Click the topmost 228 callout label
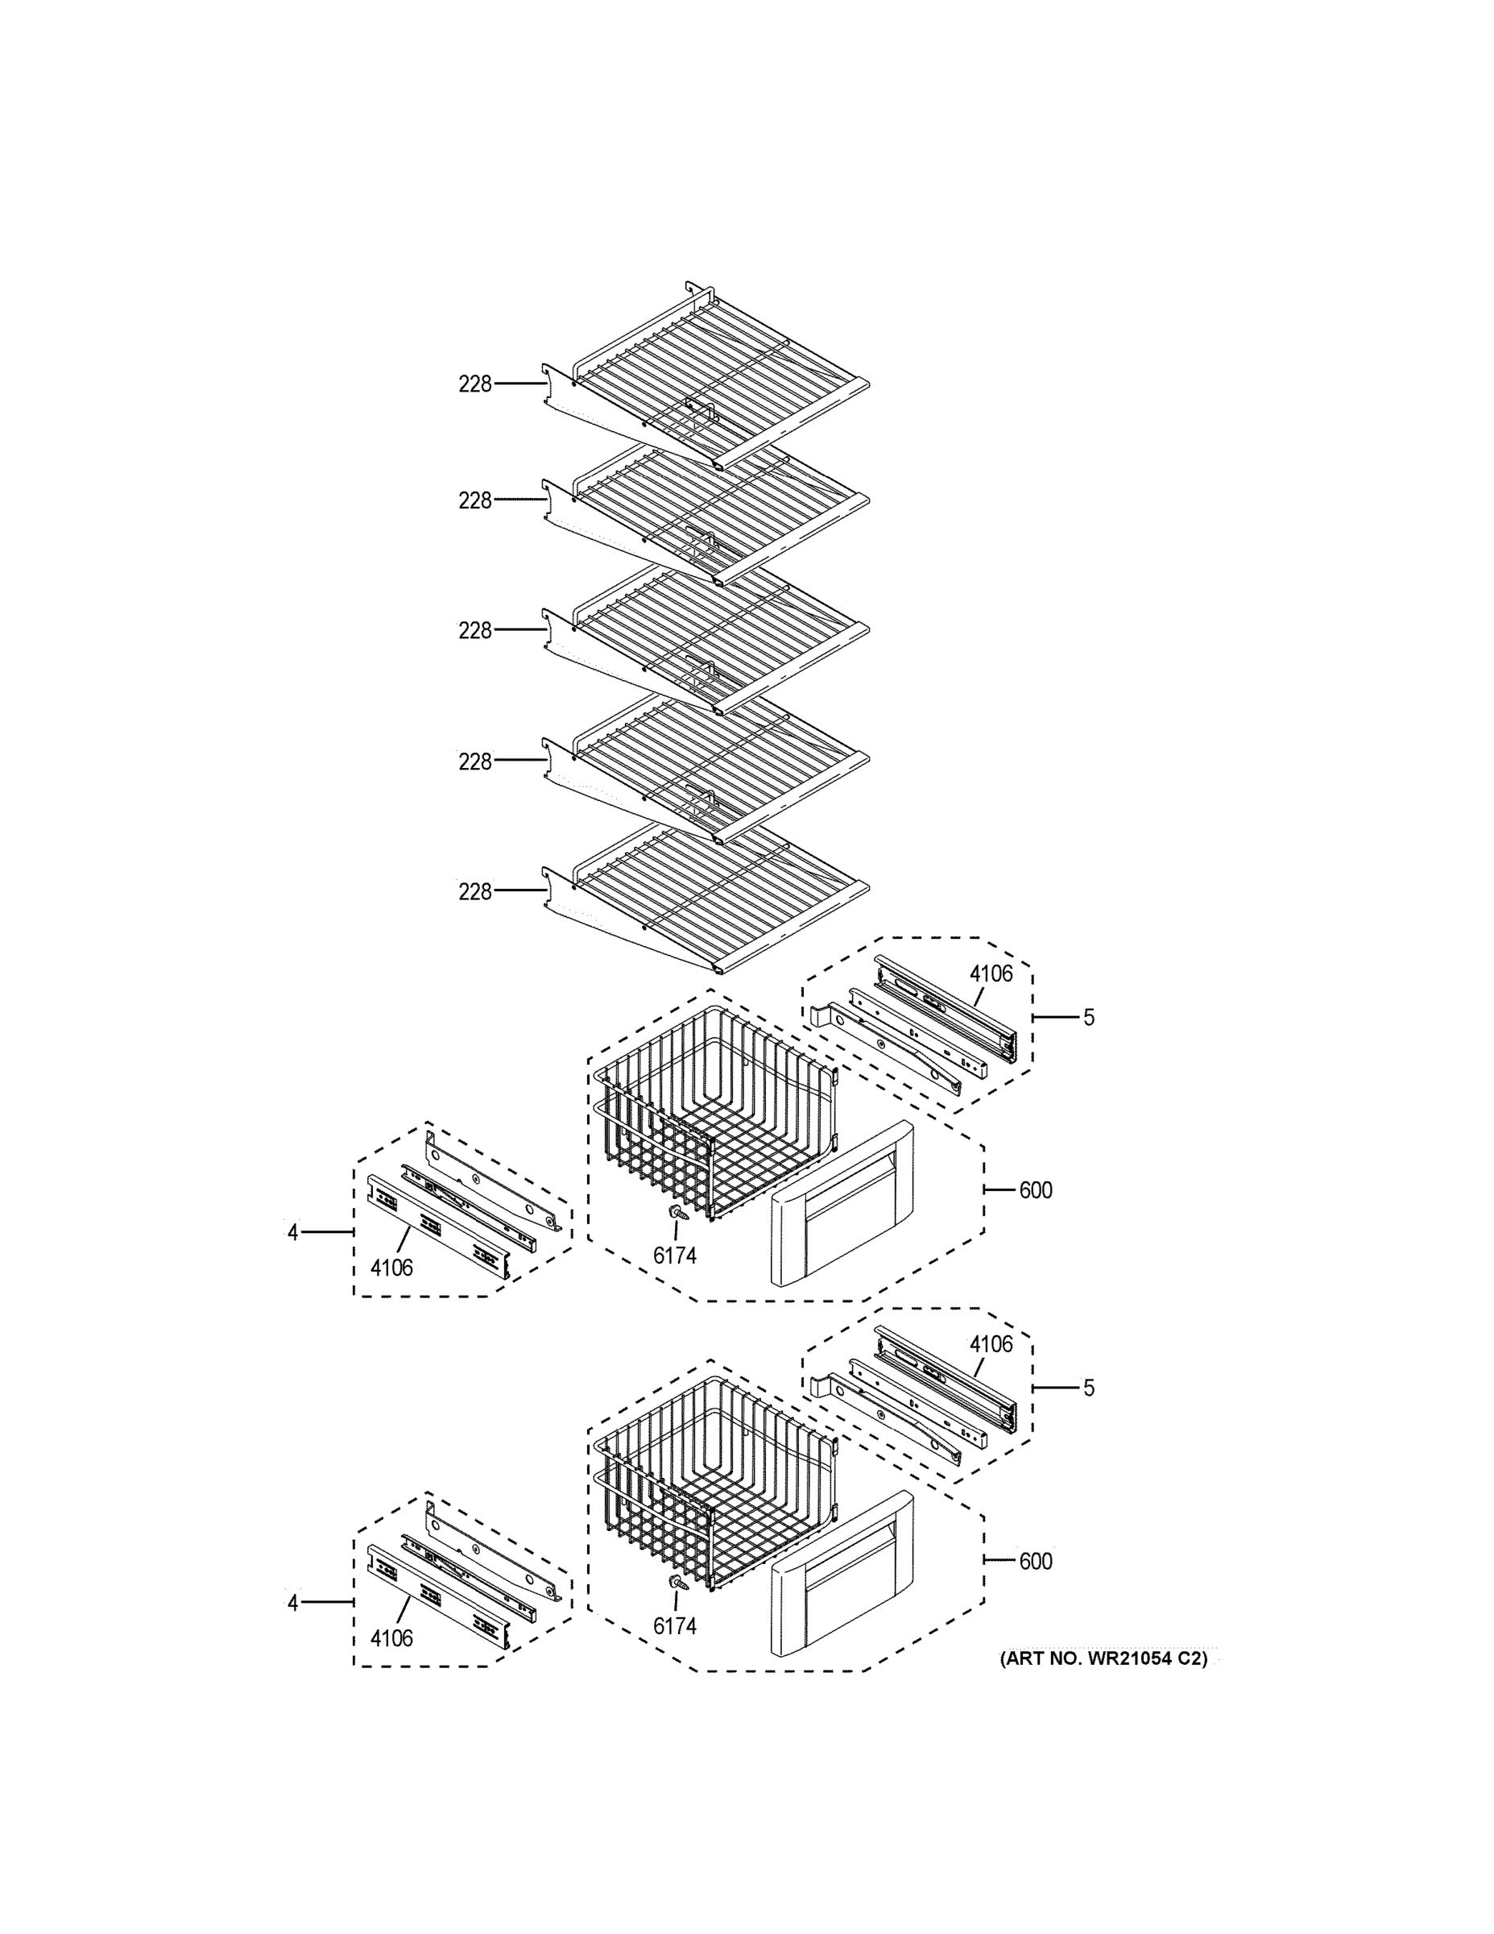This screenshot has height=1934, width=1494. pyautogui.click(x=474, y=384)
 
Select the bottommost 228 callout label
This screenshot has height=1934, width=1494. pyautogui.click(x=474, y=892)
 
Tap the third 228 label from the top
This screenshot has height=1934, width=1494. pyautogui.click(x=474, y=630)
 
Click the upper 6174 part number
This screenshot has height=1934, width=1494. pyautogui.click(x=674, y=1255)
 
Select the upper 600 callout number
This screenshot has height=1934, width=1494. pyautogui.click(x=1036, y=1190)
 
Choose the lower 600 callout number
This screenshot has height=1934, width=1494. pyautogui.click(x=1036, y=1561)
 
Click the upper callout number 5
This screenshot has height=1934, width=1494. pyautogui.click(x=1089, y=1018)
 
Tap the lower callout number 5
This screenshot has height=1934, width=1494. pyautogui.click(x=1089, y=1388)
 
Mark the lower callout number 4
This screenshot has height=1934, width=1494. pyautogui.click(x=293, y=1603)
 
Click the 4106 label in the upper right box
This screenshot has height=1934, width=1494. pyautogui.click(x=991, y=974)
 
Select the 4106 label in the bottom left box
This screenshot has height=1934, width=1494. pyautogui.click(x=391, y=1638)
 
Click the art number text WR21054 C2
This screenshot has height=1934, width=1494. pyautogui.click(x=1103, y=1658)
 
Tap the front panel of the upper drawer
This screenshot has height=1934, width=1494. pyautogui.click(x=841, y=1205)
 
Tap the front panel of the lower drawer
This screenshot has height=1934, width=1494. pyautogui.click(x=841, y=1575)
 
